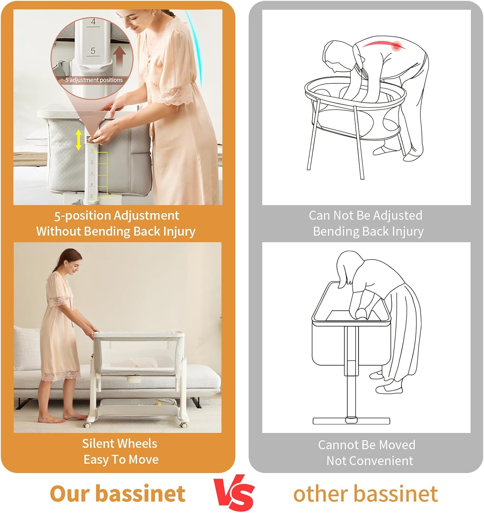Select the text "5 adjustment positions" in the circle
(94, 80)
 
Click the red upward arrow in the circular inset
(120, 56)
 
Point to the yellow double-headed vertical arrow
(78, 140)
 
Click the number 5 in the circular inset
(93, 51)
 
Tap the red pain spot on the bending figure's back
(397, 46)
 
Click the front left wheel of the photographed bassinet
(87, 425)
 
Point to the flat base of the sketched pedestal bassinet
(351, 421)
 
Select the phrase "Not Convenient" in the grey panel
(370, 461)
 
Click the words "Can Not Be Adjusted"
(365, 215)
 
